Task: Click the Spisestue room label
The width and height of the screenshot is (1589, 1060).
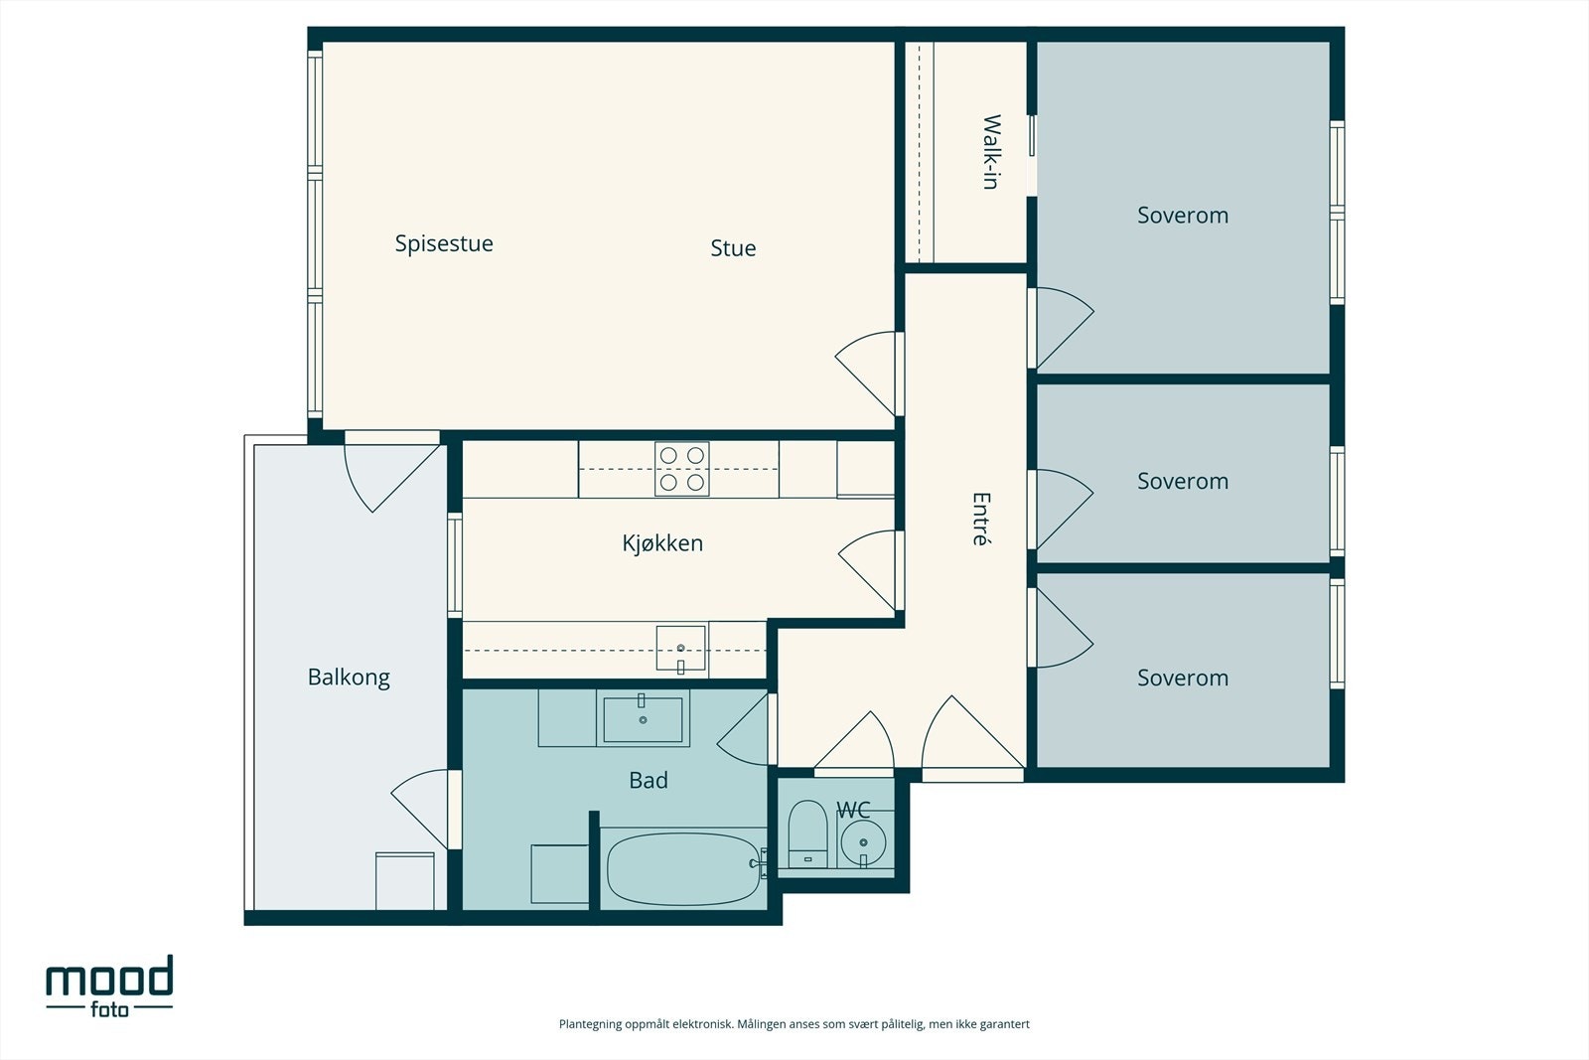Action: coord(444,243)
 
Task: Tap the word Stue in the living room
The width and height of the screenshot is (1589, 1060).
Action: coord(734,247)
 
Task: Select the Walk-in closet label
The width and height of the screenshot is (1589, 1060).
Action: coord(991,152)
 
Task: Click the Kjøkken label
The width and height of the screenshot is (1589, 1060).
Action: coord(662,542)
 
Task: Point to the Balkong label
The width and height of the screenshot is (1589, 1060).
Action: coord(349,678)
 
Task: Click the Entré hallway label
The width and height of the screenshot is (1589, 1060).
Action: coord(980,519)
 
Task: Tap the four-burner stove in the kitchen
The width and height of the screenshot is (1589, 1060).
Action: coord(682,469)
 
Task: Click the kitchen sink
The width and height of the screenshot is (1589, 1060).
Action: coord(681,648)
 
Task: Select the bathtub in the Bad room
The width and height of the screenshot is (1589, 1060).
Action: coord(682,868)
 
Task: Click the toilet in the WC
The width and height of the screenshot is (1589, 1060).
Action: coord(808,834)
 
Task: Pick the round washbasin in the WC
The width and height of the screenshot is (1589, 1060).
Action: coord(863,842)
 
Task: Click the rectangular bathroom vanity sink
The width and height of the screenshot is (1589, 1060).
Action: coord(643,719)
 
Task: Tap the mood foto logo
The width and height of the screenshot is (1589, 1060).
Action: coord(110,985)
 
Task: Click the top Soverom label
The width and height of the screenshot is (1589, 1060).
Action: coord(1183,215)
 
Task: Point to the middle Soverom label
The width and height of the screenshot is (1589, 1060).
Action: coord(1183,481)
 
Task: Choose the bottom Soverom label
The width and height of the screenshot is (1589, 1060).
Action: coord(1183,678)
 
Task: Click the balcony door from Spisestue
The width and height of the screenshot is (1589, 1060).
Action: coord(391,472)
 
